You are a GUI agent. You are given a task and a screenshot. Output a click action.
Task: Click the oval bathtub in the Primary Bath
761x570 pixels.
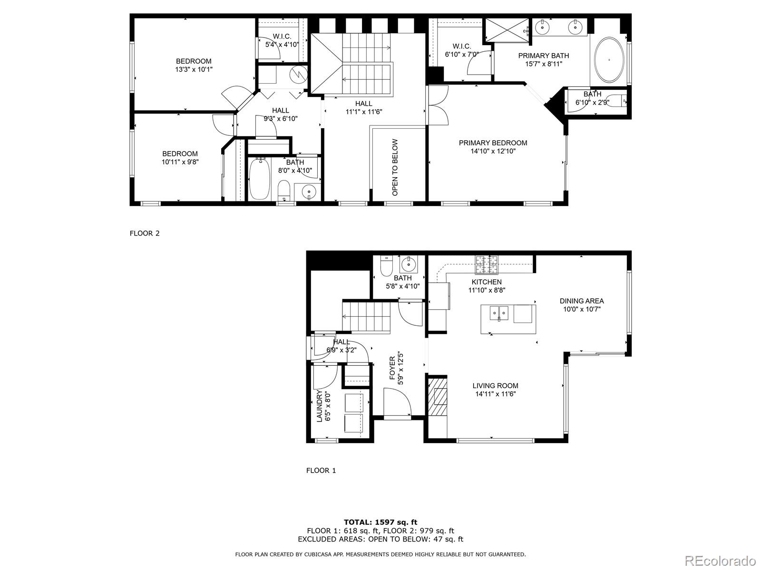tap(609, 60)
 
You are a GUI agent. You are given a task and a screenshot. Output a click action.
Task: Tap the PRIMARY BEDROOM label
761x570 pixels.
tap(493, 143)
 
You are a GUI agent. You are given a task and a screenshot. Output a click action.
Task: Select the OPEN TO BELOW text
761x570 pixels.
tap(395, 168)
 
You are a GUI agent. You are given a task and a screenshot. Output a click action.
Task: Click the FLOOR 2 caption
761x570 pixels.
tap(145, 233)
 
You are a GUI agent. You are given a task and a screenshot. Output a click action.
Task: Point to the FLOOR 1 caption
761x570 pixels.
tap(321, 470)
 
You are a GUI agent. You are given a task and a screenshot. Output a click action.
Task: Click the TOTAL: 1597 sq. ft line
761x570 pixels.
tap(380, 522)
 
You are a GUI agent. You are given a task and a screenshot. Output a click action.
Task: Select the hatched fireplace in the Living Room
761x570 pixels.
tap(438, 396)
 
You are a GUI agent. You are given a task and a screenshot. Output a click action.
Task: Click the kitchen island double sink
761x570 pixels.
tap(499, 313)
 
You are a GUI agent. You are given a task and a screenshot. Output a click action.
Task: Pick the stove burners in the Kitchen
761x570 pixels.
tap(487, 265)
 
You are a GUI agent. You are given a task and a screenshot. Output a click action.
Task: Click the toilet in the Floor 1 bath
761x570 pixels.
tap(386, 266)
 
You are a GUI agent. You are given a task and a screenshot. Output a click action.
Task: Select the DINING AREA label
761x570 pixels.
tap(582, 301)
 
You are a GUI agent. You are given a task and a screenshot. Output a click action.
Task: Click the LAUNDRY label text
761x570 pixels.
tap(319, 406)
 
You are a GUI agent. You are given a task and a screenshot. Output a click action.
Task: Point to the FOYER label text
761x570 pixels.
tap(392, 368)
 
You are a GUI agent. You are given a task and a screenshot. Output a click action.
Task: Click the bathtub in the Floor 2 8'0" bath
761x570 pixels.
tap(260, 179)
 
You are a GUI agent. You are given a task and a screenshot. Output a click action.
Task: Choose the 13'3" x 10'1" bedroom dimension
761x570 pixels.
tap(194, 69)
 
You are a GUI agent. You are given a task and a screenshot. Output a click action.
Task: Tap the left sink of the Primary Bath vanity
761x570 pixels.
tap(542, 26)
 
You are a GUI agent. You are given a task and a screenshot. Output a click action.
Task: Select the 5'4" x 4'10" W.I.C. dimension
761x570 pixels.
tap(282, 45)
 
